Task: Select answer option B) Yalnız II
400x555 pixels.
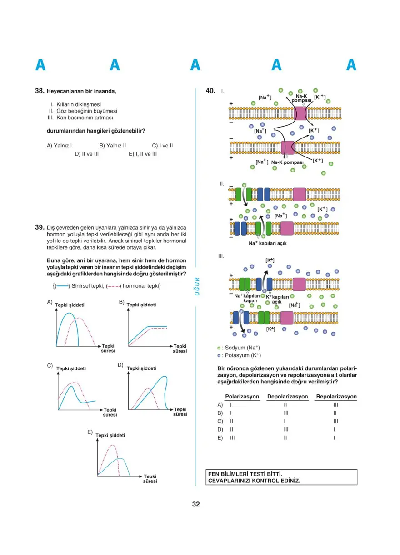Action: tap(112, 146)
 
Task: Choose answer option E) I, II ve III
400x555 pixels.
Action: tap(143, 154)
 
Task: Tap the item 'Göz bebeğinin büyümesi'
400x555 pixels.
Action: tap(86, 111)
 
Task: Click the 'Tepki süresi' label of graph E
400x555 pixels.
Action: tap(150, 478)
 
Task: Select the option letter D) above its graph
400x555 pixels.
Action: tap(120, 365)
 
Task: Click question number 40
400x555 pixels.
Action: tap(210, 91)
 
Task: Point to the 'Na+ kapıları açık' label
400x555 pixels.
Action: tap(267, 243)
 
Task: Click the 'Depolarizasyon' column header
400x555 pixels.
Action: tap(287, 397)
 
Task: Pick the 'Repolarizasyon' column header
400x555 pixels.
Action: tap(336, 397)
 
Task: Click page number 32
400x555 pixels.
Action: tap(196, 504)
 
